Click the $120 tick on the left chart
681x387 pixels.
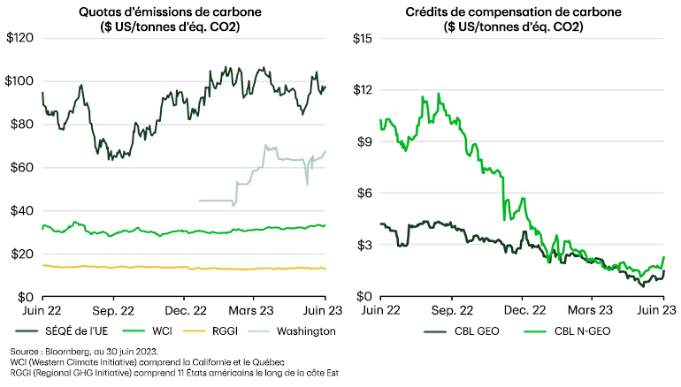click(x=20, y=39)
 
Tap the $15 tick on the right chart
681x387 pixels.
click(x=363, y=39)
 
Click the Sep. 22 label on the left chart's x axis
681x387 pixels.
click(x=113, y=310)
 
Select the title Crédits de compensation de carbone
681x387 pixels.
click(x=513, y=11)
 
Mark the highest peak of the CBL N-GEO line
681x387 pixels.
click(x=438, y=94)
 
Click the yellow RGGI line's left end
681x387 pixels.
click(x=42, y=265)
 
